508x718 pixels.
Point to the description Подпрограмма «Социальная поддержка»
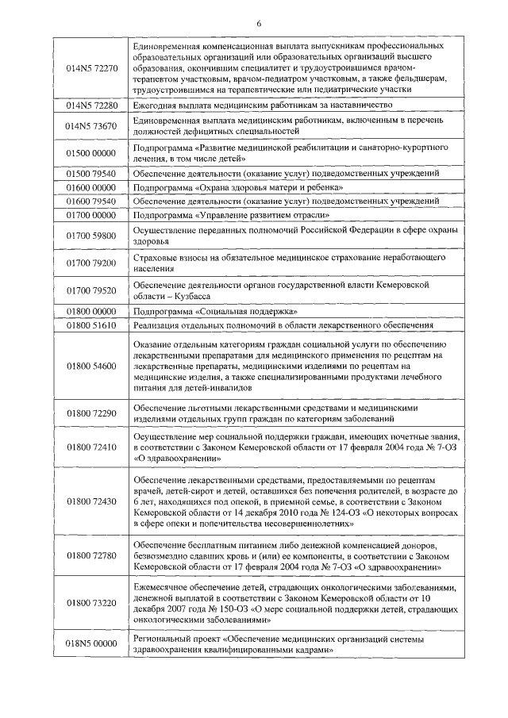click(x=214, y=311)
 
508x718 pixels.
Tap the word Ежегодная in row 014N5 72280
click(x=155, y=106)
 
